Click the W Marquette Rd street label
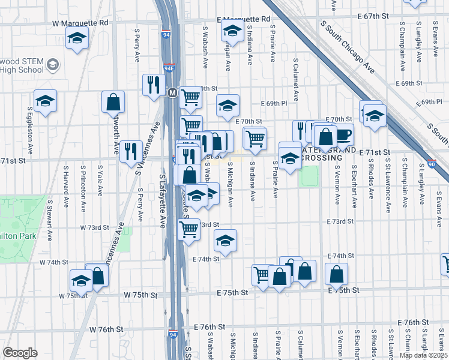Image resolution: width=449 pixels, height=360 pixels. (x=80, y=23)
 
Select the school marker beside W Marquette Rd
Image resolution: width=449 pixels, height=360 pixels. (x=76, y=40)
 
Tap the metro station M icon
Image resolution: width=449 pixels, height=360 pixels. (x=172, y=93)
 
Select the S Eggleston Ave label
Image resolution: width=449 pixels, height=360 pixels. (x=29, y=129)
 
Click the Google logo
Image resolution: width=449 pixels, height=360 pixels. (x=20, y=353)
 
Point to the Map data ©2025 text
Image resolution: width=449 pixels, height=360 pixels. (x=423, y=355)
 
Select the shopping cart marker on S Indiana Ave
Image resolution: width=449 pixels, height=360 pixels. (x=255, y=138)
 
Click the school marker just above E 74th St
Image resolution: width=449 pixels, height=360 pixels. (x=225, y=241)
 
